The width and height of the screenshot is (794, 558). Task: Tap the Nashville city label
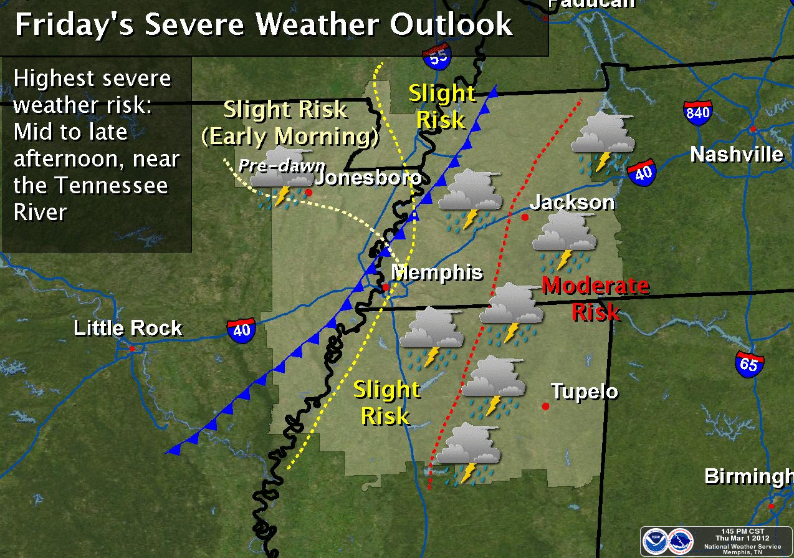pos(737,154)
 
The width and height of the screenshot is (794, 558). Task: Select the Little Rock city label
pos(128,329)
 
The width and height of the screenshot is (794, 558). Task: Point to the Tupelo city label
pos(585,392)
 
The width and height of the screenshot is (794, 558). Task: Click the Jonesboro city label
pos(368,178)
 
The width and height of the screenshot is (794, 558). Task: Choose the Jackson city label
pos(572,202)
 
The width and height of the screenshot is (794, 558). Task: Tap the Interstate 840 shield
pos(697,112)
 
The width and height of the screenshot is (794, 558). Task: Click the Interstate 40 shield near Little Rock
pos(241,329)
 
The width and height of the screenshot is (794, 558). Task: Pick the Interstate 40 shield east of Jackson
pos(643,171)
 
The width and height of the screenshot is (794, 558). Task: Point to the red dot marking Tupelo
pos(546,406)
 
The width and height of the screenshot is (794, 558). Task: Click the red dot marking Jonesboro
pos(308,193)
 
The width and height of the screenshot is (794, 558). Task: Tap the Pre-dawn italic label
pos(282,166)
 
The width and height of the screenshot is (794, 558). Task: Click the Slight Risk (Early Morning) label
pos(289,123)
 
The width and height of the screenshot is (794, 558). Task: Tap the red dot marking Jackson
pos(525,217)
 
